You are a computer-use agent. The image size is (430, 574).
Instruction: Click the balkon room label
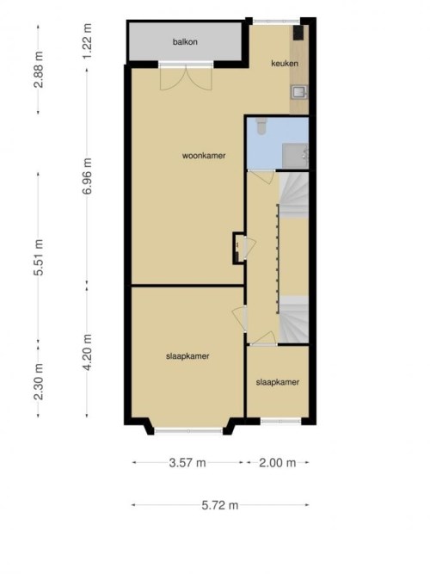[x=185, y=41]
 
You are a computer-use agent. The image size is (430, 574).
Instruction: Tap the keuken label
[x=285, y=64]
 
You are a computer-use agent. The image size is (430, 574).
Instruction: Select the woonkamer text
[x=204, y=156]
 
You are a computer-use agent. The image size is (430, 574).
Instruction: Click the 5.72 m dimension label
[x=220, y=505]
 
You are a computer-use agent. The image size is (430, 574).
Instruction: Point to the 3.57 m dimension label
[x=187, y=463]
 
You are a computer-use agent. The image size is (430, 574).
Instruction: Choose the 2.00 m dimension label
[x=278, y=463]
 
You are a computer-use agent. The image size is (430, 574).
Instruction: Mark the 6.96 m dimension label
[x=87, y=176]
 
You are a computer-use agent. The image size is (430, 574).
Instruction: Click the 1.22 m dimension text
[x=87, y=41]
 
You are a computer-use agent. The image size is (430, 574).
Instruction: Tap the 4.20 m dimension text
[x=87, y=352]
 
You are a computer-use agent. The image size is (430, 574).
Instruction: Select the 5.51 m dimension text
[x=39, y=257]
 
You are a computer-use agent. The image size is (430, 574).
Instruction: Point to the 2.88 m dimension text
[x=39, y=70]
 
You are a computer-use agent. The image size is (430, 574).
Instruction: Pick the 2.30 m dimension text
[x=39, y=382]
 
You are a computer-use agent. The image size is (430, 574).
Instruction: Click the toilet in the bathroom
[x=261, y=126]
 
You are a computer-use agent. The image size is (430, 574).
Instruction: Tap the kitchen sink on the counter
[x=299, y=92]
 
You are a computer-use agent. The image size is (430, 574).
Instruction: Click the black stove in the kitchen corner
[x=298, y=33]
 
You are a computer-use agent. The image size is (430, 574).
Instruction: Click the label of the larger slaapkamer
[x=187, y=356]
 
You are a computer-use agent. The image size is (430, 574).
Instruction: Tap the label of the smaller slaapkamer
[x=278, y=382]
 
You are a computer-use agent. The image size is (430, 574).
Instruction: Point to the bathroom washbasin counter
[x=295, y=156]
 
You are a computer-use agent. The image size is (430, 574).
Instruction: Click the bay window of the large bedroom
[x=188, y=431]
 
